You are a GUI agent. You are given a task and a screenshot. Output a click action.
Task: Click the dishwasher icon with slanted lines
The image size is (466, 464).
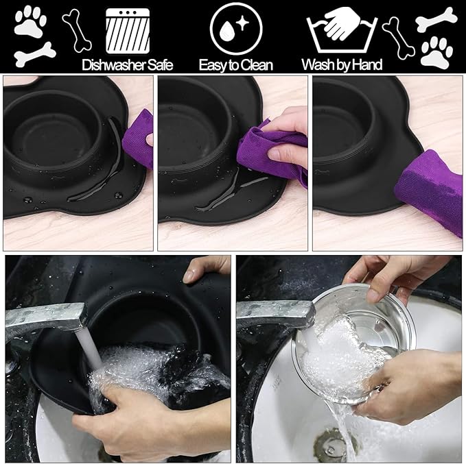(x=127, y=31)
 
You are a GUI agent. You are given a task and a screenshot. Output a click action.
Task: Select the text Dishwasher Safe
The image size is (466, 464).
(x=127, y=66)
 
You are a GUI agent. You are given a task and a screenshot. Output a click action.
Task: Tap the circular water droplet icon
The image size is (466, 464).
(x=235, y=30)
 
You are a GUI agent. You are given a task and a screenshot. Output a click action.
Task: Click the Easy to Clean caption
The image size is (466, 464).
(x=235, y=66)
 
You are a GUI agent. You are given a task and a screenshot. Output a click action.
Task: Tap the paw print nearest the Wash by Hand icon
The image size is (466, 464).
(x=436, y=52)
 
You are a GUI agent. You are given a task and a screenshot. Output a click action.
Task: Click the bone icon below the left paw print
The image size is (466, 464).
(x=34, y=54)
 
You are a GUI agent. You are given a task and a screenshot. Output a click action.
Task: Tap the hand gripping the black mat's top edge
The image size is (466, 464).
(x=206, y=269)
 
